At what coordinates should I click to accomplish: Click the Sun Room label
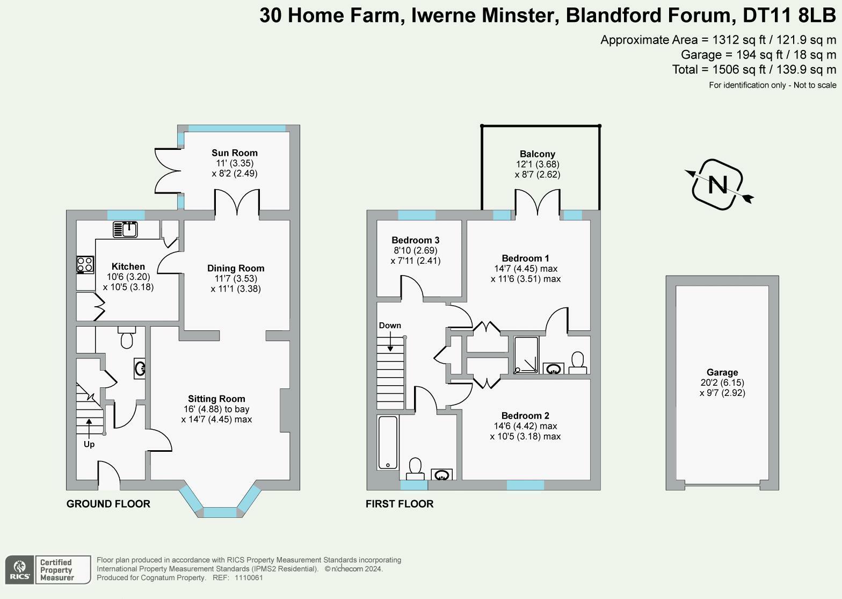point(234,153)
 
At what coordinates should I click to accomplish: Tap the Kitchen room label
point(128,266)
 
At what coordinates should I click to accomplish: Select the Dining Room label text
point(236,269)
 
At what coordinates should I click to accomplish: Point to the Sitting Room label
point(216,399)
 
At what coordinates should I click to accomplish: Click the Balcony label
point(537,154)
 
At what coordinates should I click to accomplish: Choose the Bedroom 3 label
point(415,240)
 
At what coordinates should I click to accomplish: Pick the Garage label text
point(722,372)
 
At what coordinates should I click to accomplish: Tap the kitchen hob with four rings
point(85,264)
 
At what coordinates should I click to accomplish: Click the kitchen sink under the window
point(125,229)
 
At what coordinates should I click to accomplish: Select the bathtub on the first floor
point(388,442)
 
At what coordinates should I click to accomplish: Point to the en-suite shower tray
point(526,355)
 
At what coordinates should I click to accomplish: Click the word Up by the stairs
point(89,444)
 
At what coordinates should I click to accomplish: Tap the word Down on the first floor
point(390,326)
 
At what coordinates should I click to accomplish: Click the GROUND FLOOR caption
point(108,504)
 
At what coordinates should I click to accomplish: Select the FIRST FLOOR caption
point(400,504)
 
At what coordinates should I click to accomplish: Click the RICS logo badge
point(20,570)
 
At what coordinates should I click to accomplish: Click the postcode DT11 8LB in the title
point(789,16)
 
